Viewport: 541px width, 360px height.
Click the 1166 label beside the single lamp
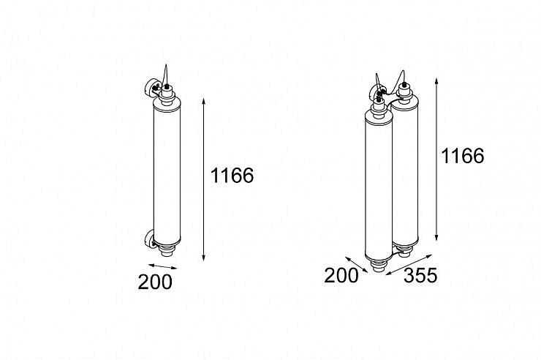coord(232,176)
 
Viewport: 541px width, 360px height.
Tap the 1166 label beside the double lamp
coord(462,156)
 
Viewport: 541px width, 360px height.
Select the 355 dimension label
coord(420,275)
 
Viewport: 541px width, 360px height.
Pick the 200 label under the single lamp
coord(155,282)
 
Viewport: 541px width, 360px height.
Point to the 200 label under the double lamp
coord(341,275)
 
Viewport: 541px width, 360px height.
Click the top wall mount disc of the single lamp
coord(150,88)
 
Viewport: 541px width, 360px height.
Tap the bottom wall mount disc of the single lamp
coord(150,239)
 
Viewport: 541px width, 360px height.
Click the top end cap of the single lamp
coord(167,93)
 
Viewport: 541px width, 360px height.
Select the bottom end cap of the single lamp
coord(167,250)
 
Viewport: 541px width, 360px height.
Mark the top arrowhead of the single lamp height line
coord(203,101)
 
